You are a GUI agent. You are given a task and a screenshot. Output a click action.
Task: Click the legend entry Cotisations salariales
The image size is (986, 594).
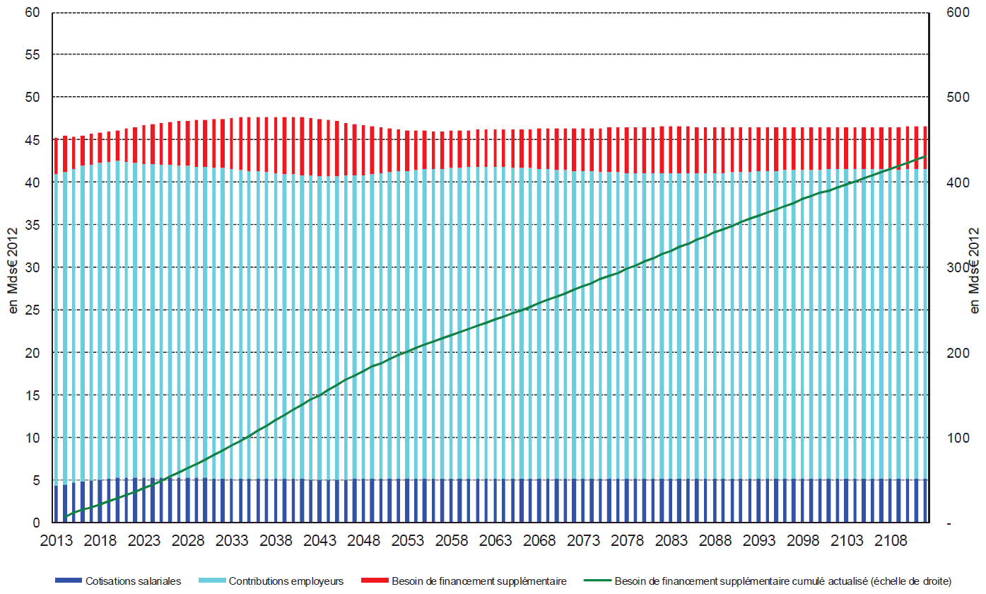tap(133, 581)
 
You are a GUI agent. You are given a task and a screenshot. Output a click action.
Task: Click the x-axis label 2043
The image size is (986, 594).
tap(320, 542)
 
